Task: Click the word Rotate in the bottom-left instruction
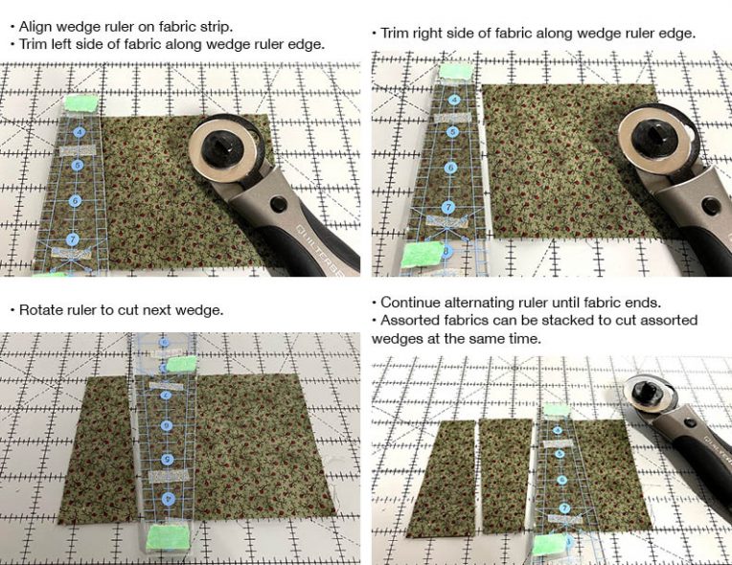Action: click(40, 311)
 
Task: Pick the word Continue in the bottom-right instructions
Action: click(412, 302)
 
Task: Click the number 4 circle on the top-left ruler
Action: click(80, 132)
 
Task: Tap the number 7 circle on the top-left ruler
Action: click(73, 239)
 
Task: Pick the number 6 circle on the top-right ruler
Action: click(449, 168)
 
